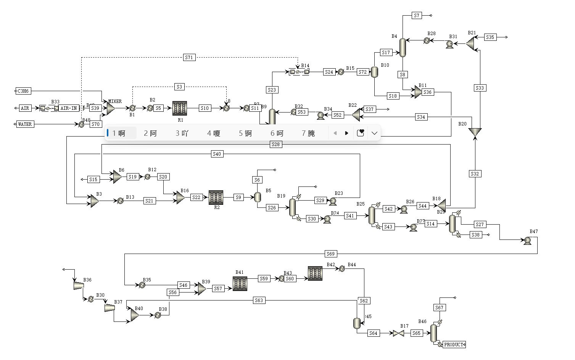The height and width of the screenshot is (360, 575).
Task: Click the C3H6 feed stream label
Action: [x=24, y=91]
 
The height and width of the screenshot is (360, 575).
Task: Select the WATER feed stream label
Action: [x=25, y=124]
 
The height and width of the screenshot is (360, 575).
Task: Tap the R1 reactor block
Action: [x=180, y=108]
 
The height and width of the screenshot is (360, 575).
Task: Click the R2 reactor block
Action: [x=216, y=198]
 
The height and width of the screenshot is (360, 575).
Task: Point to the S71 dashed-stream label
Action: [x=189, y=58]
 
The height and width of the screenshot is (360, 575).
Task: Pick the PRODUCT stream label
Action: [x=454, y=345]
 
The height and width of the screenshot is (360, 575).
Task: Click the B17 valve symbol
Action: [x=398, y=333]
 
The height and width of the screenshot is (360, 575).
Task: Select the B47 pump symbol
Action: [x=528, y=241]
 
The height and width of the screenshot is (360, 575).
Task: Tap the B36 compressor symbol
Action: [x=79, y=285]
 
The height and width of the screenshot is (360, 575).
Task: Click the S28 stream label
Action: [x=275, y=144]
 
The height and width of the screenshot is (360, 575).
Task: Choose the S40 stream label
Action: [x=217, y=154]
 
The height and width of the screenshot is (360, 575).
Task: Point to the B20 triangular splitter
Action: [x=475, y=132]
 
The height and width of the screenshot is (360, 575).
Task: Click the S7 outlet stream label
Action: [x=417, y=16]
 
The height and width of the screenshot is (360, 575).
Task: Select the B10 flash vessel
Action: [x=374, y=72]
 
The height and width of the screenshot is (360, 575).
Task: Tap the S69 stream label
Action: [x=330, y=254]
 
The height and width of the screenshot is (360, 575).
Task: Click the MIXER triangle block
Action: [x=110, y=108]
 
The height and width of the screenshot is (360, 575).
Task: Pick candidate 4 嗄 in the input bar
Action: [x=214, y=133]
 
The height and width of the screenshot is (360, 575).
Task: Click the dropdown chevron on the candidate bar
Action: [x=374, y=133]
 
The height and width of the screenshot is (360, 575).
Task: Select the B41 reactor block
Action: [x=240, y=284]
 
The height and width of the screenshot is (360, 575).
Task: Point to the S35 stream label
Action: [x=490, y=37]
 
